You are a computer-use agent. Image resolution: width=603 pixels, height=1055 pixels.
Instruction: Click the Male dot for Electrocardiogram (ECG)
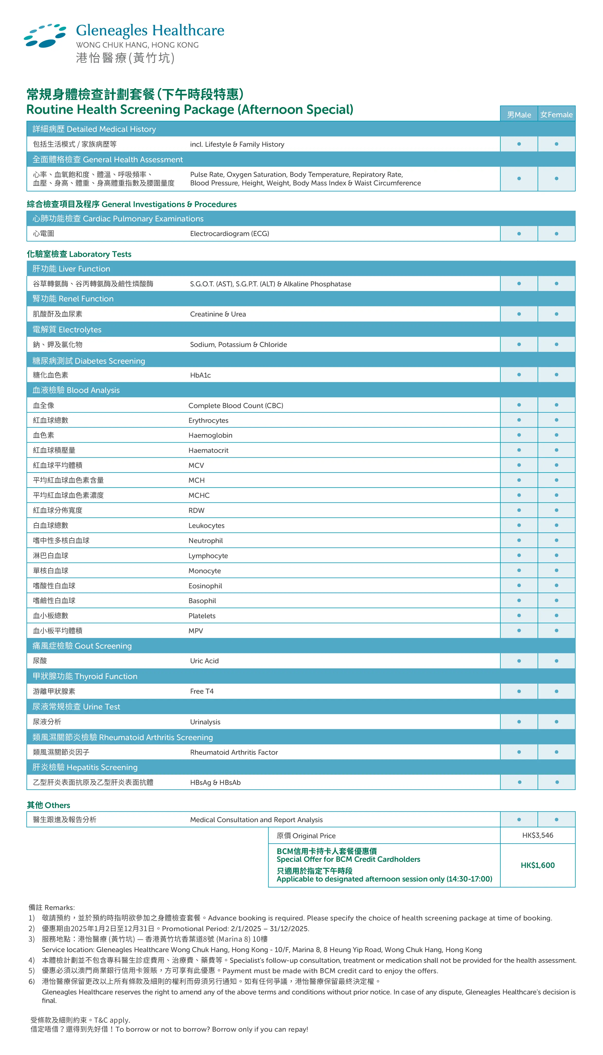pyautogui.click(x=519, y=234)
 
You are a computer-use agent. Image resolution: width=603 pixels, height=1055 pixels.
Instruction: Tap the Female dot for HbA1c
pyautogui.click(x=556, y=375)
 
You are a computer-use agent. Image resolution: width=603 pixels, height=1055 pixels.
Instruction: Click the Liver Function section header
pyautogui.click(x=71, y=269)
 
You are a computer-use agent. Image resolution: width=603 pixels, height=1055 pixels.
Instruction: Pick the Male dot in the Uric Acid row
pyautogui.click(x=519, y=661)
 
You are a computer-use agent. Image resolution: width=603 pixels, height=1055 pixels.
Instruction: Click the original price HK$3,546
pyautogui.click(x=538, y=835)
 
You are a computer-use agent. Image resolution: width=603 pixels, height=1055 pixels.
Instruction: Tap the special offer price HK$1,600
pyautogui.click(x=538, y=865)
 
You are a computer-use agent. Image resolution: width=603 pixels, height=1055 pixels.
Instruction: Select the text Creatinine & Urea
pyautogui.click(x=218, y=314)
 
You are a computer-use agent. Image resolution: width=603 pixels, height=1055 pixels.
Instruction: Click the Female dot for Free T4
pyautogui.click(x=556, y=691)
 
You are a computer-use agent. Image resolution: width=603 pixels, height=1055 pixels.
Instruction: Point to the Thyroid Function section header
pyautogui.click(x=85, y=676)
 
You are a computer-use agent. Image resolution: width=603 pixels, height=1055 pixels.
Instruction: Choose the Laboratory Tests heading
pyautogui.click(x=79, y=254)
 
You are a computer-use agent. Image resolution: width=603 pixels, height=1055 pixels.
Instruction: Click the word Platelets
pyautogui.click(x=202, y=616)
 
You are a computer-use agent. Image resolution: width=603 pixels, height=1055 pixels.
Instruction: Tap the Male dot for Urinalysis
pyautogui.click(x=519, y=722)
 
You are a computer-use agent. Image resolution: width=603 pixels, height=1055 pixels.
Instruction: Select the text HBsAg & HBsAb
pyautogui.click(x=215, y=782)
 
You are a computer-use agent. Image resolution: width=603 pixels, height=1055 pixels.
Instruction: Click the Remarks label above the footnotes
pyautogui.click(x=52, y=908)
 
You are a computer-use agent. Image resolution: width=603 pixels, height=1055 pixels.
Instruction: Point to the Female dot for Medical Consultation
pyautogui.click(x=556, y=820)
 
